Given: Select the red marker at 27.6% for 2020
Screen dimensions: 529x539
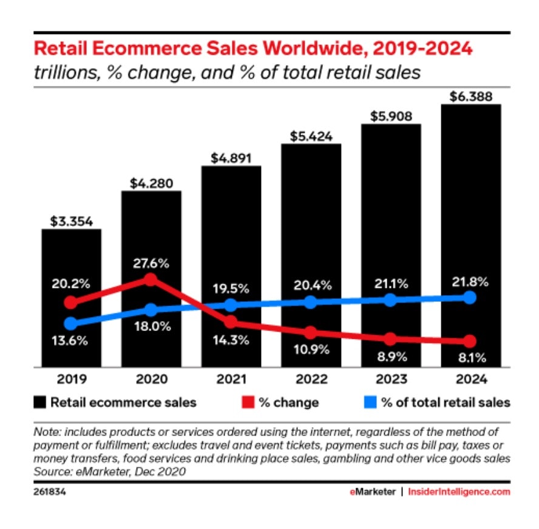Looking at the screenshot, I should pyautogui.click(x=151, y=279).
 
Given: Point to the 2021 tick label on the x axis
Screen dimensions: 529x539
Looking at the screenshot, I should pyautogui.click(x=231, y=380).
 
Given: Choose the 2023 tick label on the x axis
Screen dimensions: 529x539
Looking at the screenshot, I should pyautogui.click(x=391, y=380).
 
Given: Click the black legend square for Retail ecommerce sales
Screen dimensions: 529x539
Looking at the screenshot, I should pyautogui.click(x=39, y=402).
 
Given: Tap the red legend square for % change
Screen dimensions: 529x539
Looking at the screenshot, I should pyautogui.click(x=248, y=402).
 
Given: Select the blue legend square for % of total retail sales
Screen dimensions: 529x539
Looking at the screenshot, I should pyautogui.click(x=370, y=402).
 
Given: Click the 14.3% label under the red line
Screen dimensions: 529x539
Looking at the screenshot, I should pyautogui.click(x=231, y=340).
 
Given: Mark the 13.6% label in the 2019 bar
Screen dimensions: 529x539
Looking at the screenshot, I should pyautogui.click(x=71, y=341).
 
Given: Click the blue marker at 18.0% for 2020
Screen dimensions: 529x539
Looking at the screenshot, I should pyautogui.click(x=151, y=310).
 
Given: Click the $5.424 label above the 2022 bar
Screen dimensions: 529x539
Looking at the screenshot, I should pyautogui.click(x=311, y=137).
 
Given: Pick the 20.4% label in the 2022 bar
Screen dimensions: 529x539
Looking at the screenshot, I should pyautogui.click(x=311, y=284).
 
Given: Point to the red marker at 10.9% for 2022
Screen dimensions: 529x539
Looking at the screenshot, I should pyautogui.click(x=311, y=333).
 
